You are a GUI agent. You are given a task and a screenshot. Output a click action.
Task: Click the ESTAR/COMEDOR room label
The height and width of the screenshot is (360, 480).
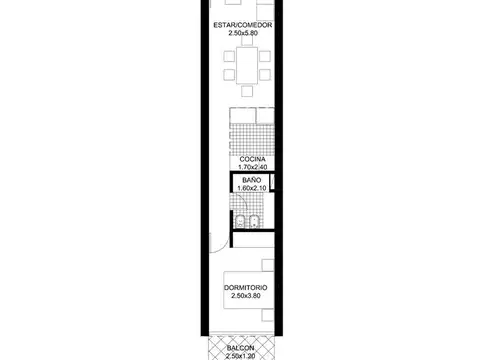pos(243,25)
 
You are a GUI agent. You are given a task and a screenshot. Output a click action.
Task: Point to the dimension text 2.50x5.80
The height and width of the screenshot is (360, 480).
pos(243,33)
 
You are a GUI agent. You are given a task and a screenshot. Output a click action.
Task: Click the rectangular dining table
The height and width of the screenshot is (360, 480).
pos(247,65)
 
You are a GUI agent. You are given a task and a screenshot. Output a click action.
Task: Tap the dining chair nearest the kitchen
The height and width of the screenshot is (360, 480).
pos(247,91)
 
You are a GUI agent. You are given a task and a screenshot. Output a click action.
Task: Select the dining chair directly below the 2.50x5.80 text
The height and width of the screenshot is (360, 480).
pos(247,40)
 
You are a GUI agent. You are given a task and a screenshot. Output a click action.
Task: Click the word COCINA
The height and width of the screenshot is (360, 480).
pos(252,159)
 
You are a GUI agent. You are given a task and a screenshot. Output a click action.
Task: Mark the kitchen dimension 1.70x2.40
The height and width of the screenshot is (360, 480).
pos(253,167)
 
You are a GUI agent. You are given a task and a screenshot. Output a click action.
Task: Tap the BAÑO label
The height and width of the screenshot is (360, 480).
pos(252,180)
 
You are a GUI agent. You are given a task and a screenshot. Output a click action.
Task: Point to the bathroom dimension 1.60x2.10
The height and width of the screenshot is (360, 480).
pos(252,188)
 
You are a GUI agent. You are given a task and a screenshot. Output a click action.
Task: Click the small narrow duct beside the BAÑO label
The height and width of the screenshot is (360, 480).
pos(272,182)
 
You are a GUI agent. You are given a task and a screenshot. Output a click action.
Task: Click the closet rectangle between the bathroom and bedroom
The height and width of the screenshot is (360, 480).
pos(253,240)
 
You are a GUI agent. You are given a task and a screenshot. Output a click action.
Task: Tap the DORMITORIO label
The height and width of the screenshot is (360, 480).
pos(246,288)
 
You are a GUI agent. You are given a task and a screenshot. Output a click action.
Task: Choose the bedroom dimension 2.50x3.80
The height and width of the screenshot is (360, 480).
pos(246,296)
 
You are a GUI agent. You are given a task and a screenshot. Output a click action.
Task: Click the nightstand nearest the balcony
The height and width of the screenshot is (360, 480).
pos(268,315)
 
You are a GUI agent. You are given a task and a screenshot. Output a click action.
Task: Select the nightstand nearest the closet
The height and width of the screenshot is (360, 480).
pos(268,265)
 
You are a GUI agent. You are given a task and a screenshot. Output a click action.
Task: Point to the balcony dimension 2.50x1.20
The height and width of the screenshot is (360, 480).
pos(240,356)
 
